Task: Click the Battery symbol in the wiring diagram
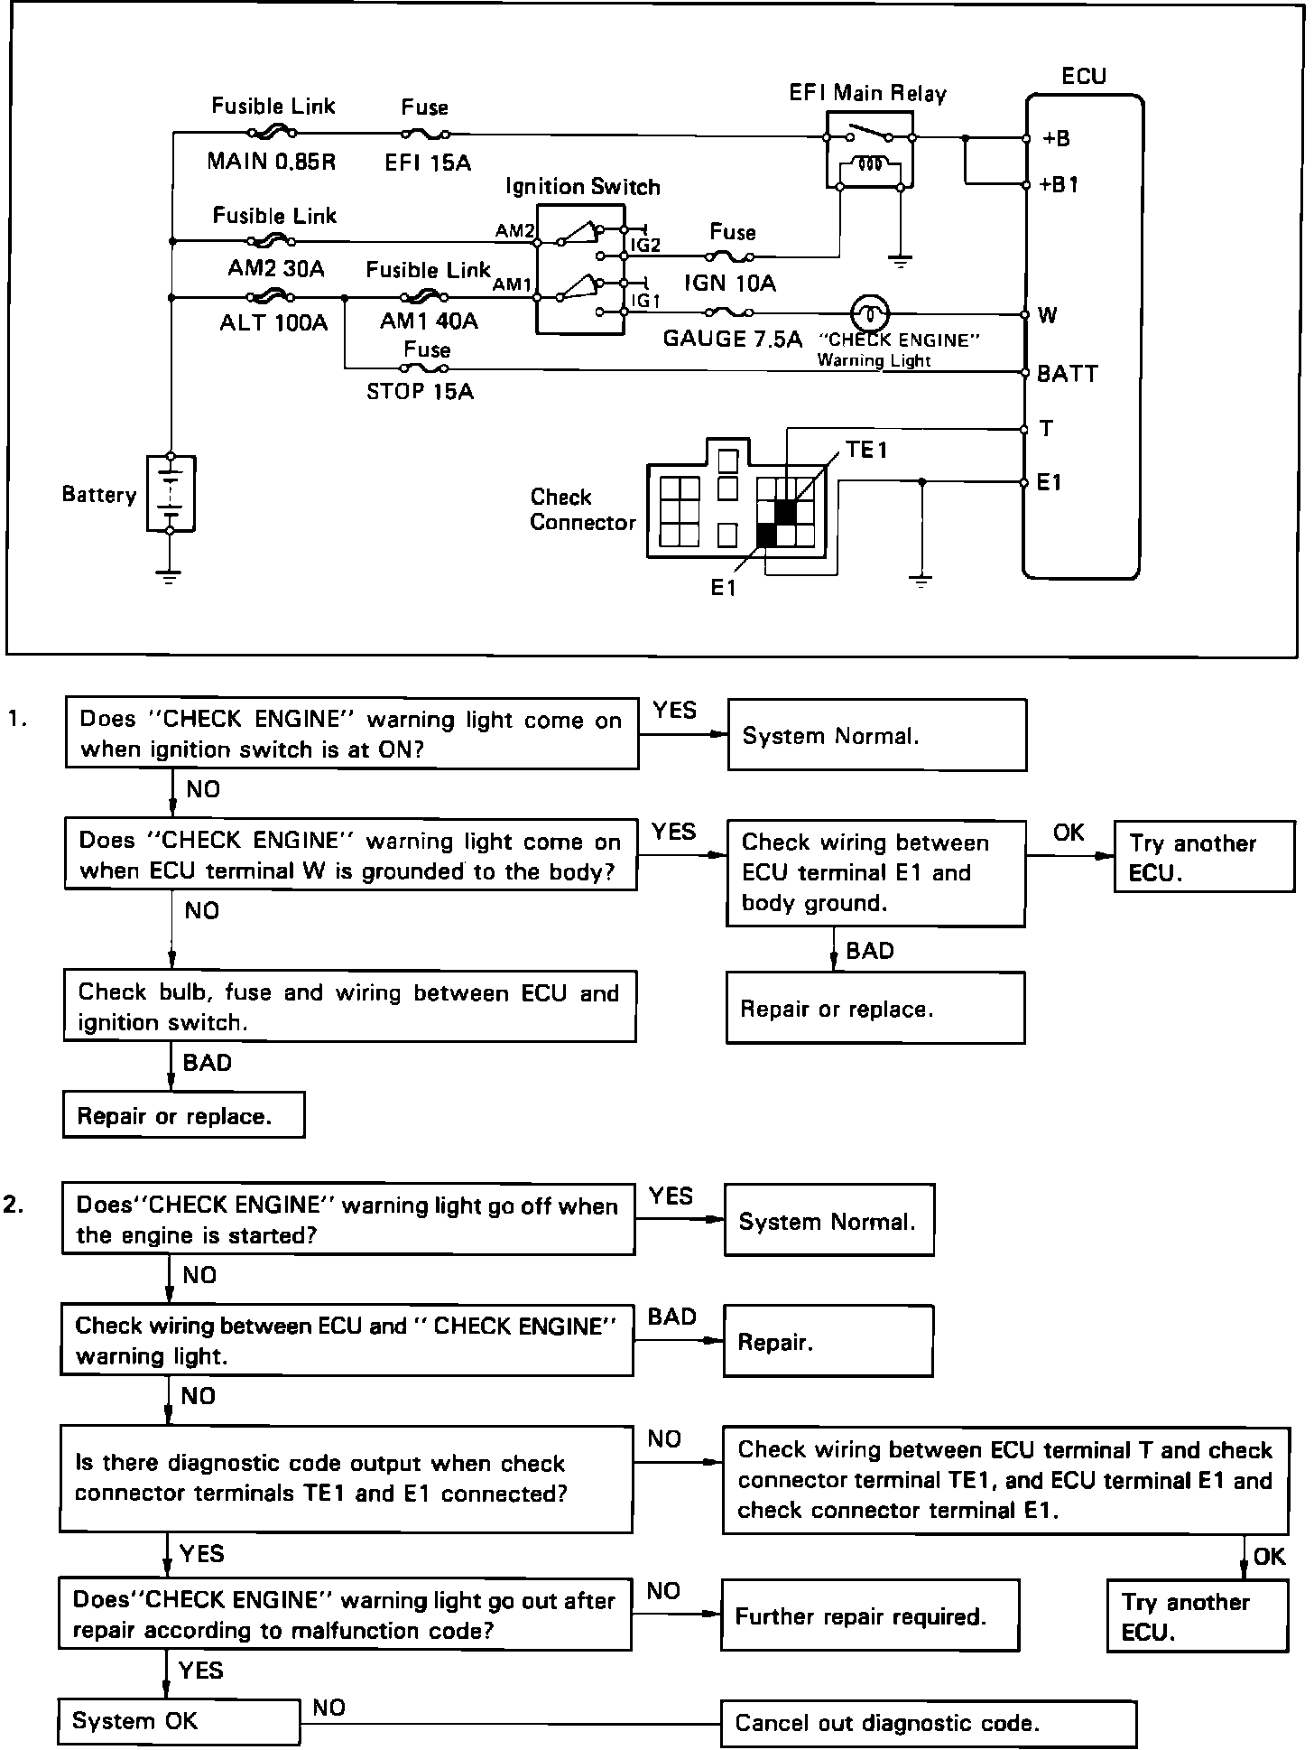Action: coord(170,494)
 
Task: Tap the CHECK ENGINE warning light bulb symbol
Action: coord(870,314)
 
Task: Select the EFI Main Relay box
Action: coord(869,150)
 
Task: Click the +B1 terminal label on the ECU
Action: coord(1059,185)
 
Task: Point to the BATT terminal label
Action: coord(1067,373)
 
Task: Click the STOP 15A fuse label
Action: coord(420,391)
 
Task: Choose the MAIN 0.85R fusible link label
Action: coord(271,162)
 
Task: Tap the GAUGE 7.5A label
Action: coord(732,339)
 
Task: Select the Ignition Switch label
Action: coord(582,187)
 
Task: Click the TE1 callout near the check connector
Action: coord(866,450)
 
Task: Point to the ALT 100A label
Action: coord(273,322)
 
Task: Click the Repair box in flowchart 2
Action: coord(828,1341)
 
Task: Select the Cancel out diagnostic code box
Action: coord(928,1723)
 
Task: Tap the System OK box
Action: coord(179,1721)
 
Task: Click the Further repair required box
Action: coord(869,1616)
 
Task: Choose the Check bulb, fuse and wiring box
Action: coord(349,1007)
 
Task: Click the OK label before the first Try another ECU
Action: coord(1069,832)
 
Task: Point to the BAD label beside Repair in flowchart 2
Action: coord(671,1317)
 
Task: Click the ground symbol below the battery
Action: coord(169,576)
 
